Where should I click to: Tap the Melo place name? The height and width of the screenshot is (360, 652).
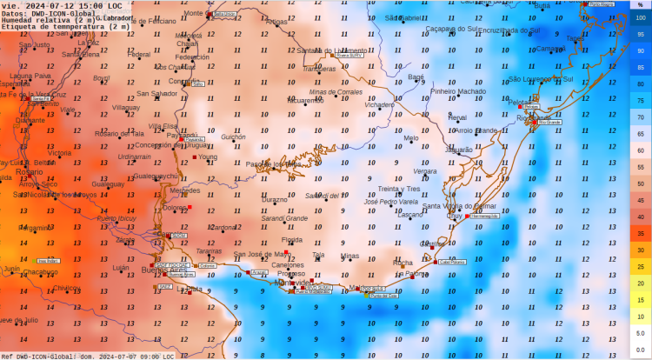(411, 138)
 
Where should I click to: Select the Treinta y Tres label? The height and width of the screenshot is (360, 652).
(399, 189)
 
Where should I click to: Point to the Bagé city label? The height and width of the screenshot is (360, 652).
(416, 77)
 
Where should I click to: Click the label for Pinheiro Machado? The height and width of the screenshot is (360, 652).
(458, 91)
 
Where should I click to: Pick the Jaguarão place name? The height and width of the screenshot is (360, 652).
(458, 150)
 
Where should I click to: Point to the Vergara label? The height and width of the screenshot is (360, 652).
(425, 171)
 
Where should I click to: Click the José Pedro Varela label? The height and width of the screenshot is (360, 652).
(391, 202)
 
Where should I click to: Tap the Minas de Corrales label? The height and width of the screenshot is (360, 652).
(336, 91)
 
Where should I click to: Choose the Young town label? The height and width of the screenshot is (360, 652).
(208, 157)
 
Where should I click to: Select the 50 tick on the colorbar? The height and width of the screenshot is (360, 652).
(641, 183)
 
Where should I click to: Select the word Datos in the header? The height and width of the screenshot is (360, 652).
(12, 13)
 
